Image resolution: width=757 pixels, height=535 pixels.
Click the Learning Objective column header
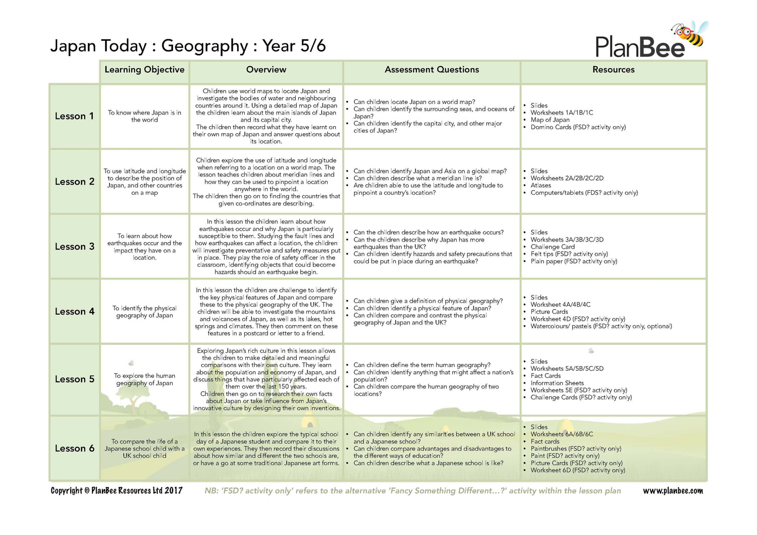(144, 70)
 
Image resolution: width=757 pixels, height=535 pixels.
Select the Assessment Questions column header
(431, 70)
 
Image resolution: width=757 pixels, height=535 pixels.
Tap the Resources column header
(613, 70)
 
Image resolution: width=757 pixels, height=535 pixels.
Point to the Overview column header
(266, 70)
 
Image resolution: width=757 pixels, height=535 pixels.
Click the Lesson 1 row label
(74, 116)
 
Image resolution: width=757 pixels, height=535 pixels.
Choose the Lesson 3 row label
(74, 247)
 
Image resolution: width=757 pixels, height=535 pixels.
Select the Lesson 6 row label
(74, 448)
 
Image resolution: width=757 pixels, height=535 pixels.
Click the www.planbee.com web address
(673, 491)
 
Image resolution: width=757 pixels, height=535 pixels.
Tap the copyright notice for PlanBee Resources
(117, 491)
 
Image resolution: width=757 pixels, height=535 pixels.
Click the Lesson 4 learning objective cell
(144, 312)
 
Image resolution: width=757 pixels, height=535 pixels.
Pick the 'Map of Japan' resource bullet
(550, 120)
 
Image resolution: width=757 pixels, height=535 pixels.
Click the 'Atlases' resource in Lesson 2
(540, 186)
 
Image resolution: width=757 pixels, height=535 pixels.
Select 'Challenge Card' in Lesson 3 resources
(552, 247)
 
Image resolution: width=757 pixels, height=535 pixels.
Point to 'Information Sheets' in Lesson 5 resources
(557, 383)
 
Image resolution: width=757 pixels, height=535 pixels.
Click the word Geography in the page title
(204, 46)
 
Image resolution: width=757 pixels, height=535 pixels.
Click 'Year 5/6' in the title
(294, 46)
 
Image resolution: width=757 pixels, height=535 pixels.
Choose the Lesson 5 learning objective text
(144, 379)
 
